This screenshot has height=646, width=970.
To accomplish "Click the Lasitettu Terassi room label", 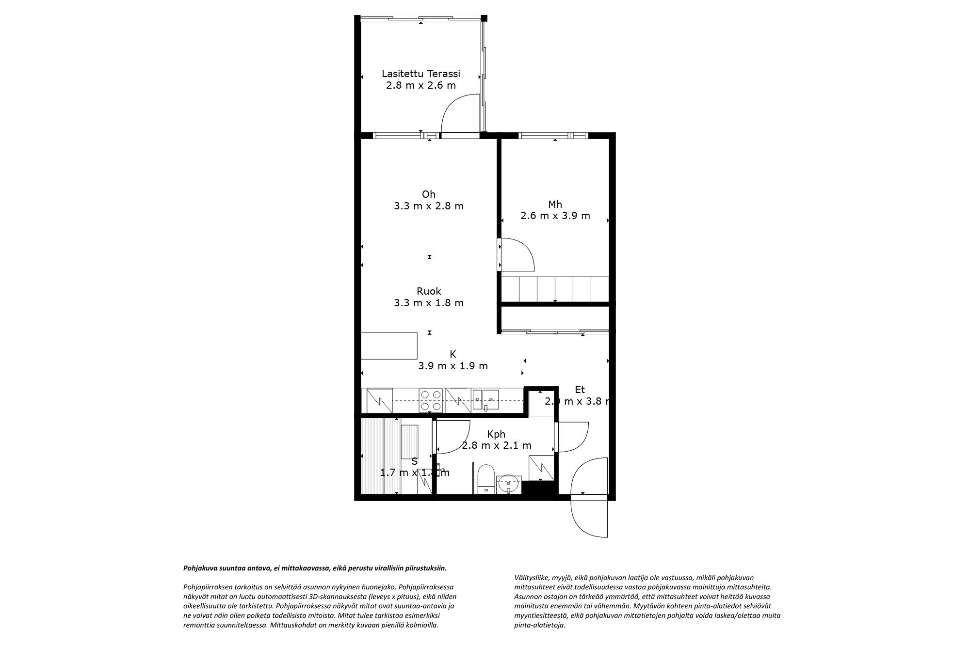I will [420, 74].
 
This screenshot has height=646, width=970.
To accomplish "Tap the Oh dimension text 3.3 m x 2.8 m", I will [429, 206].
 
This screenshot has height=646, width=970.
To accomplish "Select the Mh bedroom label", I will [555, 205].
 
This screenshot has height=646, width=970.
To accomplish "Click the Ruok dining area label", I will [429, 291].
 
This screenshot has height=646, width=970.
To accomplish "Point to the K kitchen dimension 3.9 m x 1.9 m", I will [453, 366].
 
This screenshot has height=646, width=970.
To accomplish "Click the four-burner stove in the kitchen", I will [431, 401].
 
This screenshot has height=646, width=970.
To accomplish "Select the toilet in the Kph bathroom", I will [485, 478].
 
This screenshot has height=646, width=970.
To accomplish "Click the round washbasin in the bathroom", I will [508, 483].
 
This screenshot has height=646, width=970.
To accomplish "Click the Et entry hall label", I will [580, 390].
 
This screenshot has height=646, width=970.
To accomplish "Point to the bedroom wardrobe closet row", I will [555, 289].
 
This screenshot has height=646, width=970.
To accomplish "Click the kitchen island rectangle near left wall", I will [389, 345].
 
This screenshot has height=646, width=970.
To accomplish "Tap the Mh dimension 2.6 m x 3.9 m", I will [555, 216].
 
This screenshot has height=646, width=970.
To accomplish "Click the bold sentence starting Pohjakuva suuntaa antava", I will [314, 568].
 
